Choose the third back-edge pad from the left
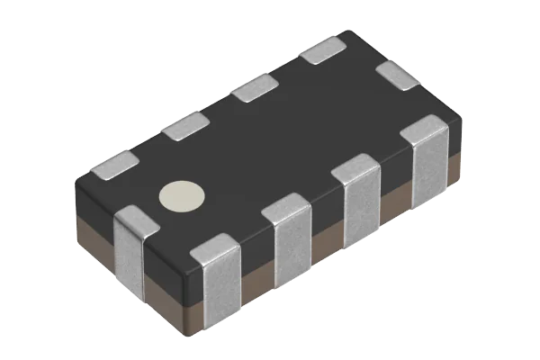254,88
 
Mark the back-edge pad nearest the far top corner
322,52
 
